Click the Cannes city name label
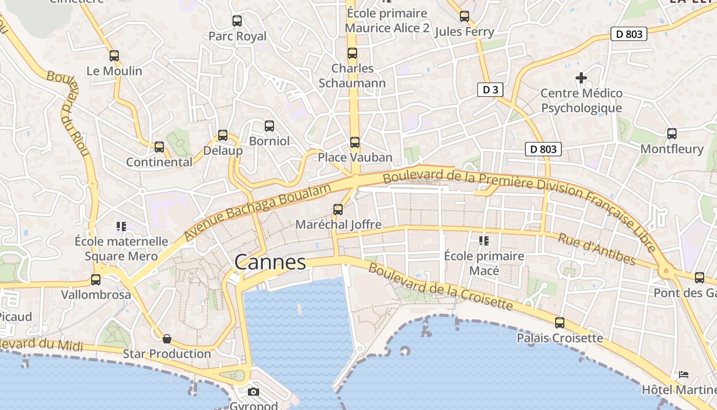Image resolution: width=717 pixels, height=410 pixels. (x=270, y=262)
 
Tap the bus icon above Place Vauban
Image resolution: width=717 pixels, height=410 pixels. (x=355, y=142)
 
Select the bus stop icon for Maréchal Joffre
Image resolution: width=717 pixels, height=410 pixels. (x=338, y=209)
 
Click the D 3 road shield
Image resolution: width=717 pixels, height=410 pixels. (x=490, y=90)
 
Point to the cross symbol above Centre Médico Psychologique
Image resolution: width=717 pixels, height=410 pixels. (x=581, y=78)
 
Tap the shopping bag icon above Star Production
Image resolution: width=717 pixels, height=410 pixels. (x=167, y=339)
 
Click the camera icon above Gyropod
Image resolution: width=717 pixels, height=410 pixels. (x=253, y=392)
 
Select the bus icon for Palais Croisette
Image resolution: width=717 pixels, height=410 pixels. (x=560, y=323)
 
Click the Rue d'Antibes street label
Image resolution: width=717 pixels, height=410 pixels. (x=597, y=249)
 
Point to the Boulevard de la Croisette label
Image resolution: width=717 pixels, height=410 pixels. (x=440, y=287)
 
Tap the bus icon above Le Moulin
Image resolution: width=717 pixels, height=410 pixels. (x=114, y=56)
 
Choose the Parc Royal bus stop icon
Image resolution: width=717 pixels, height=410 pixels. (x=237, y=21)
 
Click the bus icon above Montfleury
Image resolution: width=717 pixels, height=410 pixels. (x=672, y=134)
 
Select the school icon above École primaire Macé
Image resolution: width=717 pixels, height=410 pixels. (x=483, y=240)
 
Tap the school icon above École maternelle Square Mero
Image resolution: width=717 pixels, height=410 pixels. (x=121, y=226)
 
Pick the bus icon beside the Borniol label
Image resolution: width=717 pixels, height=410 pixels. (x=269, y=126)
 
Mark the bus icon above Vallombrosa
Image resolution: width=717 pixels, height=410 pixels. (x=96, y=280)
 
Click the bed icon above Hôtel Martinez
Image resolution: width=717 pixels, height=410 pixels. (x=684, y=375)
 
